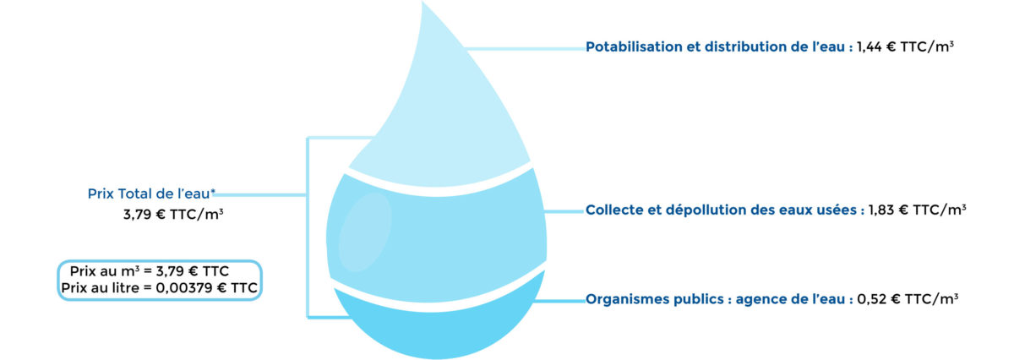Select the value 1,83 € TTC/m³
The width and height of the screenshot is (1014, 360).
917,210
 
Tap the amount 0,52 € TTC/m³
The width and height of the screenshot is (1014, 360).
908,299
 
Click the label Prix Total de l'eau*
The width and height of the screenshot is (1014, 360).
151,194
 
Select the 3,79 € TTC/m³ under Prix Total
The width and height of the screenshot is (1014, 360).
173,215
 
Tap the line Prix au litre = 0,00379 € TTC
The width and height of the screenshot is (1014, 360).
160,288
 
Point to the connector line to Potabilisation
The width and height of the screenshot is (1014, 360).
524,48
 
